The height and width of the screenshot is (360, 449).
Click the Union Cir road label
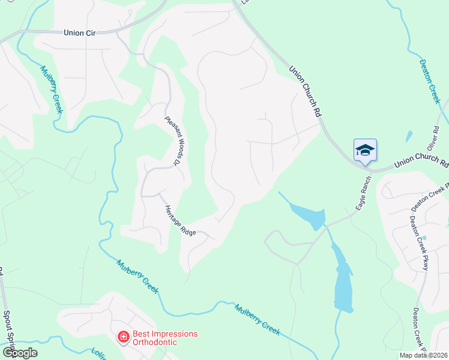pos(80,33)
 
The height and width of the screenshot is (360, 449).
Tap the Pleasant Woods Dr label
pos(173,140)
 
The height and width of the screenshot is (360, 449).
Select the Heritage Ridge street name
pos(180,220)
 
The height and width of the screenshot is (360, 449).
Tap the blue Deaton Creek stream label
pos(430,82)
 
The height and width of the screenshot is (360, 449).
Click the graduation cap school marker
pos(365,150)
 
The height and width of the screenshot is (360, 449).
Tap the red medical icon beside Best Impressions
pos(123,338)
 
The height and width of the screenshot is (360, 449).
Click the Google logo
pos(20,353)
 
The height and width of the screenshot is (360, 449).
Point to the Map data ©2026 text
pos(423,355)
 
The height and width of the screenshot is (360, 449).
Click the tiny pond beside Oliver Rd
pos(409,137)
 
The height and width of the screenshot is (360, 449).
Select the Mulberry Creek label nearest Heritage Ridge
pos(137,275)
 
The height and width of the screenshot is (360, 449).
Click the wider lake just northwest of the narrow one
pos(309,214)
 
